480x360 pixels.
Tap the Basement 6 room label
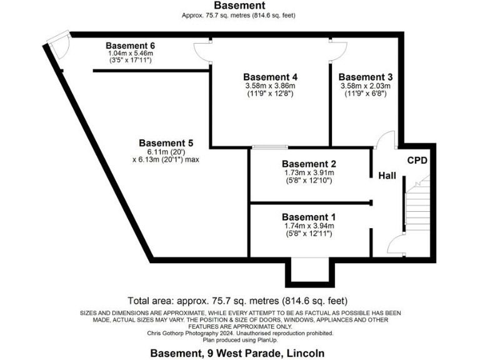[x=130, y=46]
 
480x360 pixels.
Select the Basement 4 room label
[x=269, y=77]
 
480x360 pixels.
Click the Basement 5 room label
[x=165, y=142]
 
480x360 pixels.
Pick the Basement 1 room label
[x=307, y=217]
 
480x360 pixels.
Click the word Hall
[x=387, y=177]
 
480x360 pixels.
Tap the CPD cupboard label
[x=417, y=161]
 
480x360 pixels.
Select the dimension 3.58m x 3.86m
[x=269, y=86]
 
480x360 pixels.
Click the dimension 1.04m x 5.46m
[x=130, y=54]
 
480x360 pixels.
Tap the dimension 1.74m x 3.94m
[x=307, y=226]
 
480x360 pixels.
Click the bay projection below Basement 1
[x=307, y=271]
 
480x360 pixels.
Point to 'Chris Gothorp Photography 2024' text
[x=205, y=333]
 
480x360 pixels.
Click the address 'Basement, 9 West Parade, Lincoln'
[x=237, y=353]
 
